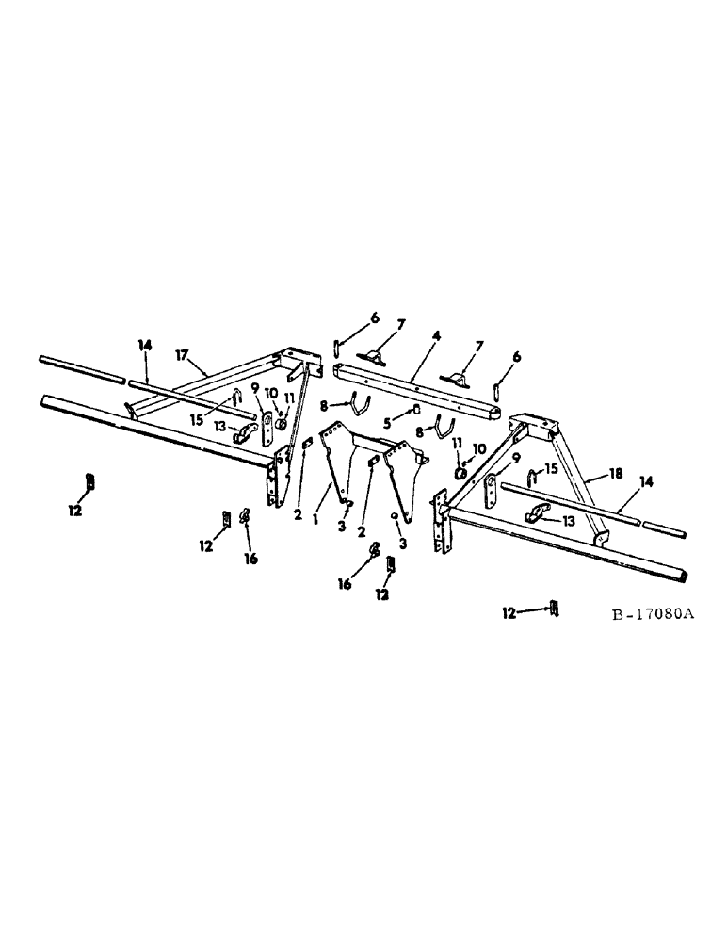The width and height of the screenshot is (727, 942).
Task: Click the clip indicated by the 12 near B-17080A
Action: point(556,609)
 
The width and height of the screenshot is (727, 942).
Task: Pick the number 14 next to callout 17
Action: point(143,347)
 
